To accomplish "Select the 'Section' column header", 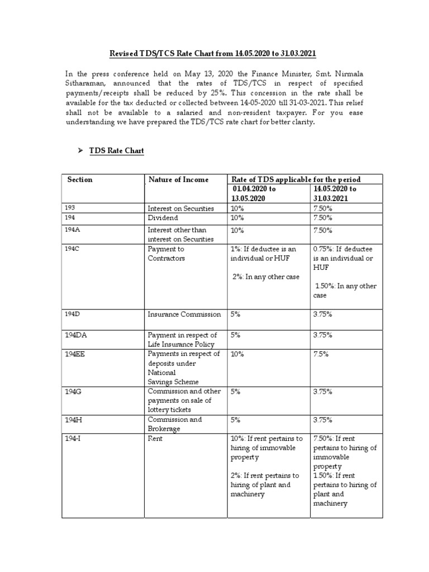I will coord(80,179).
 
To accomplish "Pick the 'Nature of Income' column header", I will coord(178,179).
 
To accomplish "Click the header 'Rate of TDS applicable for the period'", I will coord(295,179).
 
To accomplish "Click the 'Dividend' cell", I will coord(163,218).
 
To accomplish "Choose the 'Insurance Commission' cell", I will coord(184,314).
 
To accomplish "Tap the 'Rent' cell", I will coord(155,439).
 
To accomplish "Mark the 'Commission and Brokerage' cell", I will coord(174,424).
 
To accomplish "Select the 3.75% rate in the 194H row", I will coord(323,420).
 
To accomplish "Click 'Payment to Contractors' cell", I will coord(166,254).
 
